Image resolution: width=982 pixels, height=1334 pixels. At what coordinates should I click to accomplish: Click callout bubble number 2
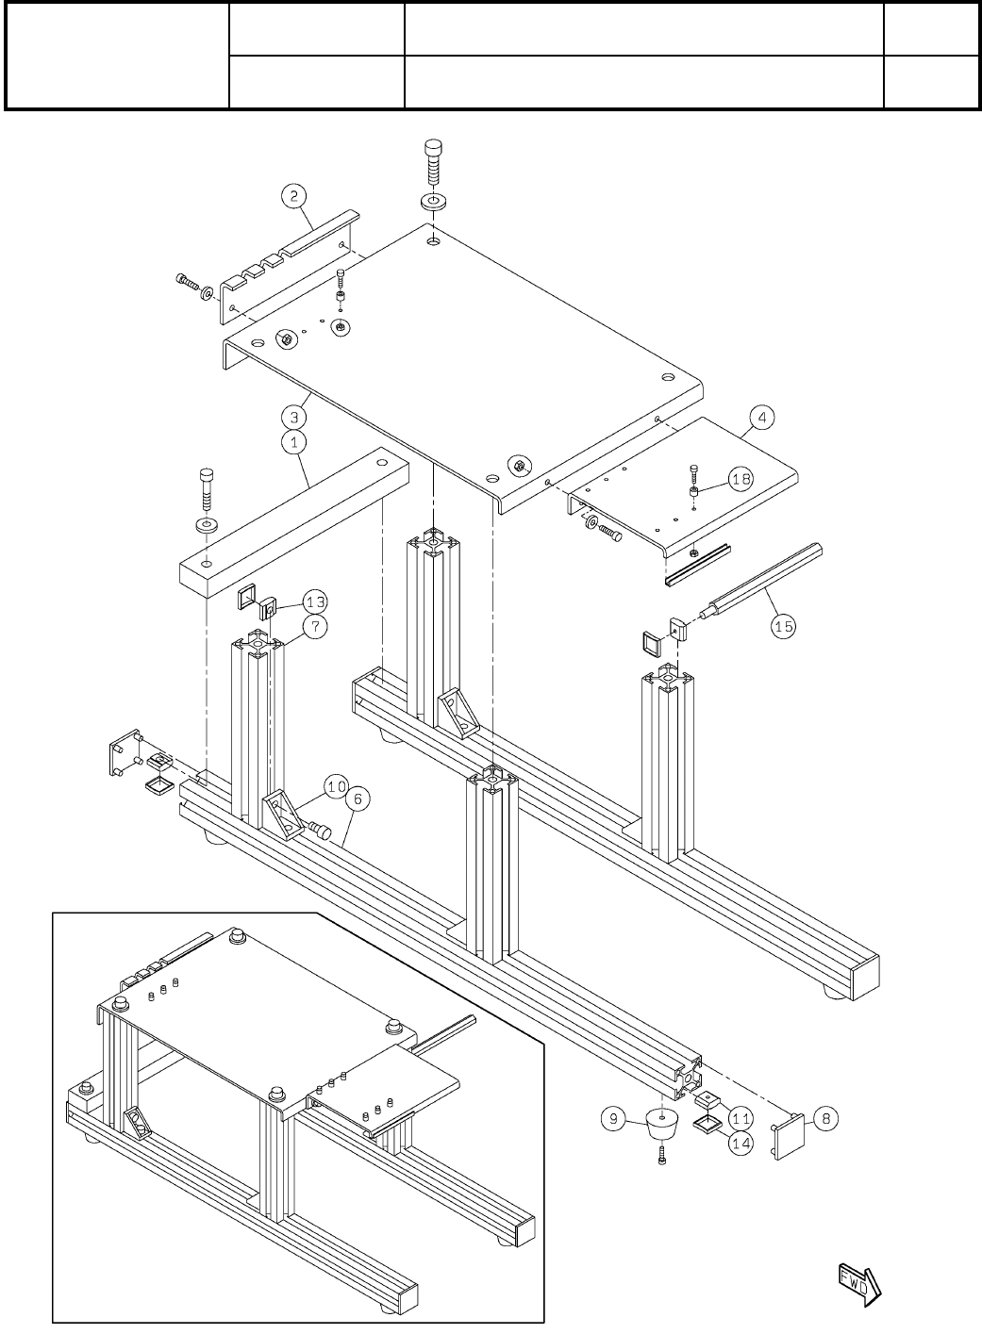(x=294, y=196)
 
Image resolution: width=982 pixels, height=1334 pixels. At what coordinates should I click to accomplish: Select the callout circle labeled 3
(x=294, y=416)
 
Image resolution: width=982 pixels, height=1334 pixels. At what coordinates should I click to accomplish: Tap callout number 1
(x=294, y=440)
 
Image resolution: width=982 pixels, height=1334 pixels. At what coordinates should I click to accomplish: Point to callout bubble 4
(x=761, y=416)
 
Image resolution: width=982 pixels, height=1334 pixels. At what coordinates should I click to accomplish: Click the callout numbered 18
(x=741, y=479)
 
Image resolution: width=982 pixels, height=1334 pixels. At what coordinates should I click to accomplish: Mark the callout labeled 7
(x=315, y=626)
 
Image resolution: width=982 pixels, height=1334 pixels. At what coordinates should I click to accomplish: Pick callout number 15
(x=784, y=625)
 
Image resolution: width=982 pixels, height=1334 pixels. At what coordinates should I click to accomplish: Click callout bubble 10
(x=337, y=784)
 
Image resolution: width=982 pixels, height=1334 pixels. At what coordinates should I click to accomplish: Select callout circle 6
(x=357, y=799)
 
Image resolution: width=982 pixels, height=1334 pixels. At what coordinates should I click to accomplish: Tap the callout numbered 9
(x=613, y=1119)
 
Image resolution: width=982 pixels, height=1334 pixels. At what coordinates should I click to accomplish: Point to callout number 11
(x=741, y=1118)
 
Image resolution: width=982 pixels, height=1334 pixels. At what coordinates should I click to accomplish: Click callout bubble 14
(x=741, y=1140)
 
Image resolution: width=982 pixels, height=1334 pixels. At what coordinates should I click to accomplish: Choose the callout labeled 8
(x=825, y=1119)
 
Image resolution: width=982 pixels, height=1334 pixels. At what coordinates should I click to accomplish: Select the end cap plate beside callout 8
(x=790, y=1138)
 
